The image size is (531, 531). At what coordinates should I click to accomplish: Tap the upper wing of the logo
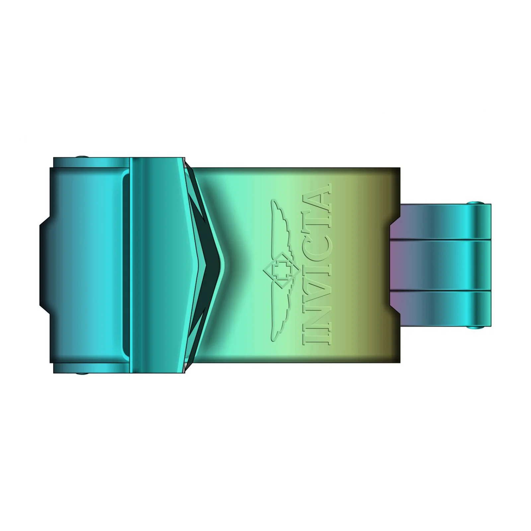[281, 228]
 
